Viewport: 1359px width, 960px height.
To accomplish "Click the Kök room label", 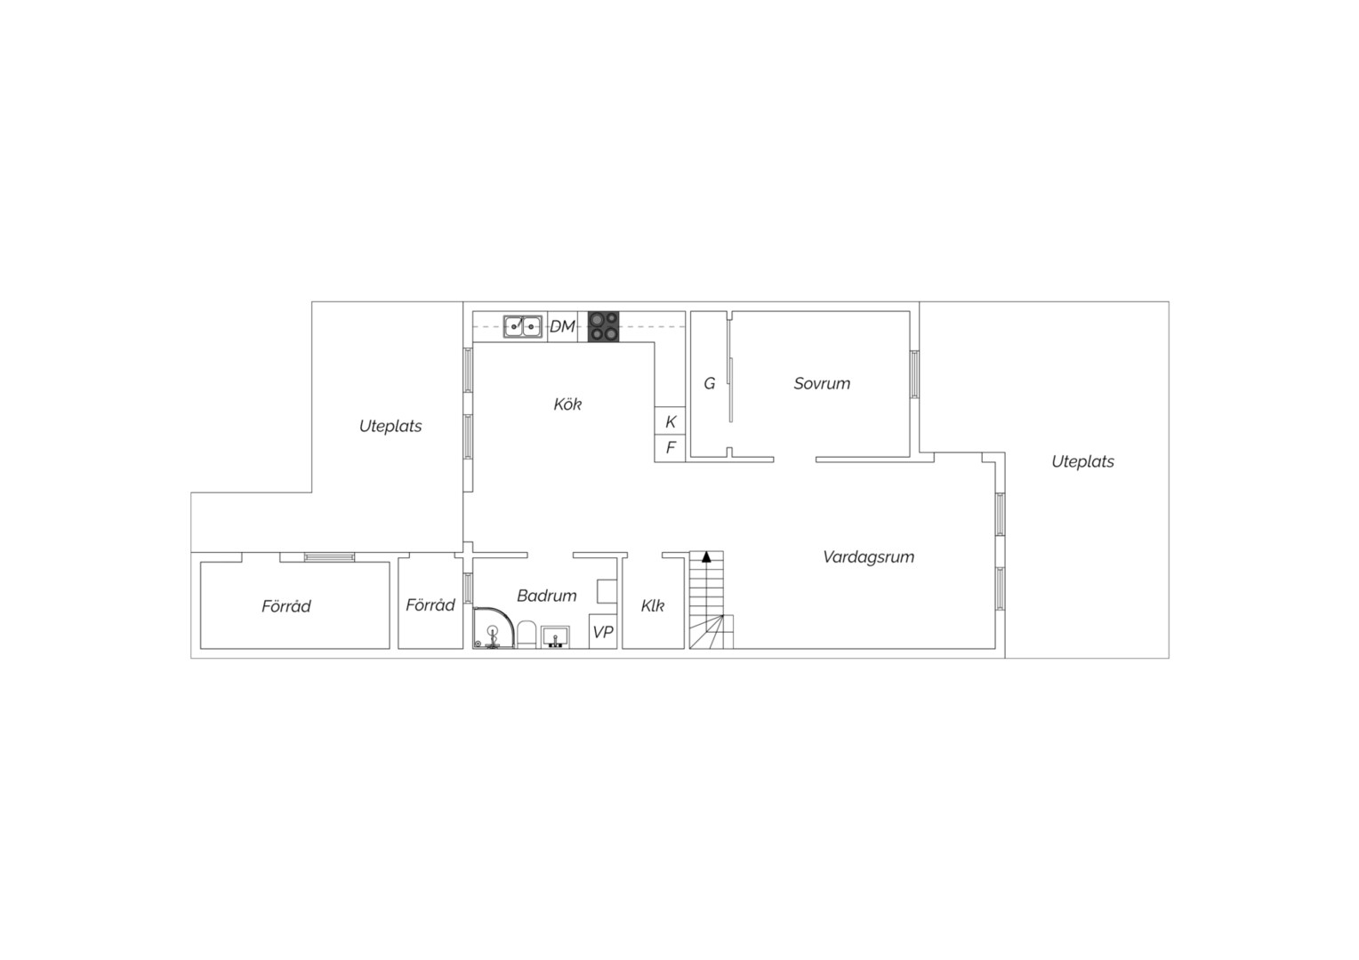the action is tap(567, 404).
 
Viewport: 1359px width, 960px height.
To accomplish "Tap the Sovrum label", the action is tap(822, 383).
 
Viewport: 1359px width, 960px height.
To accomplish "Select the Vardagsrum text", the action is tap(868, 556).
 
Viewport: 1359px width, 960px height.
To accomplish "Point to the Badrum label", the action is tap(547, 596).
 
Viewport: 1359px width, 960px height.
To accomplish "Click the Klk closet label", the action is tap(653, 605).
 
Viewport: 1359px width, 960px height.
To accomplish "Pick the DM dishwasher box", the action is tap(562, 327).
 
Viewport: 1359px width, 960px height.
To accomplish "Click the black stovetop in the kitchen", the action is tap(603, 327).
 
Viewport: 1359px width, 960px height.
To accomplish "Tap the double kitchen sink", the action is tap(522, 326).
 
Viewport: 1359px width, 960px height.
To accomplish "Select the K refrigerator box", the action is tap(670, 420).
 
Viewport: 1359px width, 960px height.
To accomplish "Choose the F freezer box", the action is tap(670, 448).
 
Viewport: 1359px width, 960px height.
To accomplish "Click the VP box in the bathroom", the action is tap(603, 632).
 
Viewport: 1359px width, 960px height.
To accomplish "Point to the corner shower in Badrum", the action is tap(494, 628).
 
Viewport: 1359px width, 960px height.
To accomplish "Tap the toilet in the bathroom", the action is tap(526, 635).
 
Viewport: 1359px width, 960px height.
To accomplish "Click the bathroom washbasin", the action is tap(555, 636).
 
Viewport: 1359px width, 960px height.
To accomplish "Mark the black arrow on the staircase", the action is tap(706, 556).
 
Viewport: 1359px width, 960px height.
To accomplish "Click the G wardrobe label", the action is tap(709, 383).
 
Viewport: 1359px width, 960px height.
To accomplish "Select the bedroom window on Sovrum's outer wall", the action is tap(914, 374).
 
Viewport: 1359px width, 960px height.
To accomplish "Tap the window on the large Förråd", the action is tap(329, 557).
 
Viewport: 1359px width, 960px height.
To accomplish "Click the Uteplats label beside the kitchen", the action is tap(390, 427).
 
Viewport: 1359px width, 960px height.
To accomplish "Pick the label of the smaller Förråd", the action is tap(430, 604).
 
